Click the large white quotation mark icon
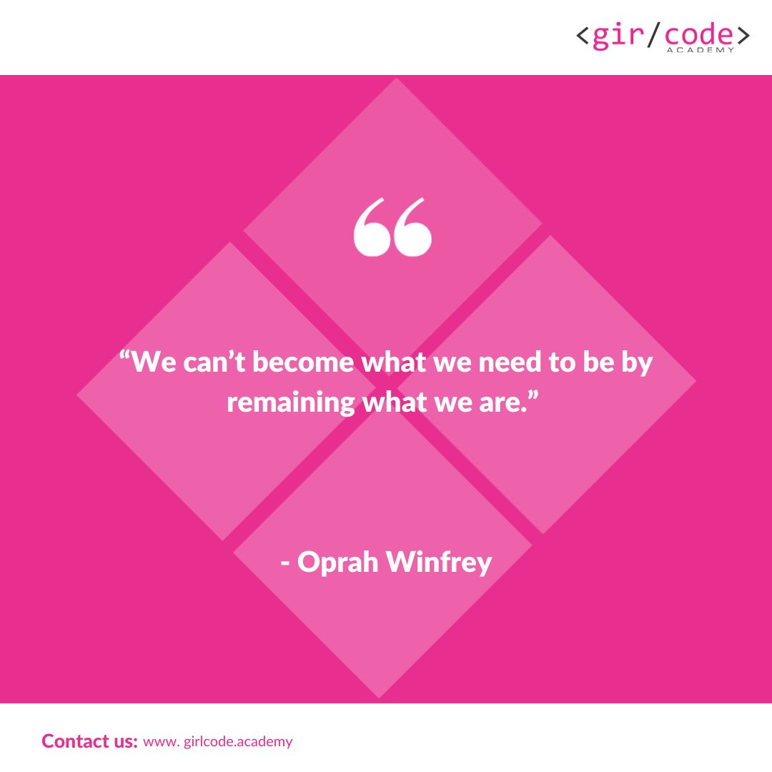tap(392, 227)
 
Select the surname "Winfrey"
tap(440, 563)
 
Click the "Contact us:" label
tap(89, 741)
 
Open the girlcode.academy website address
tap(218, 741)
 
